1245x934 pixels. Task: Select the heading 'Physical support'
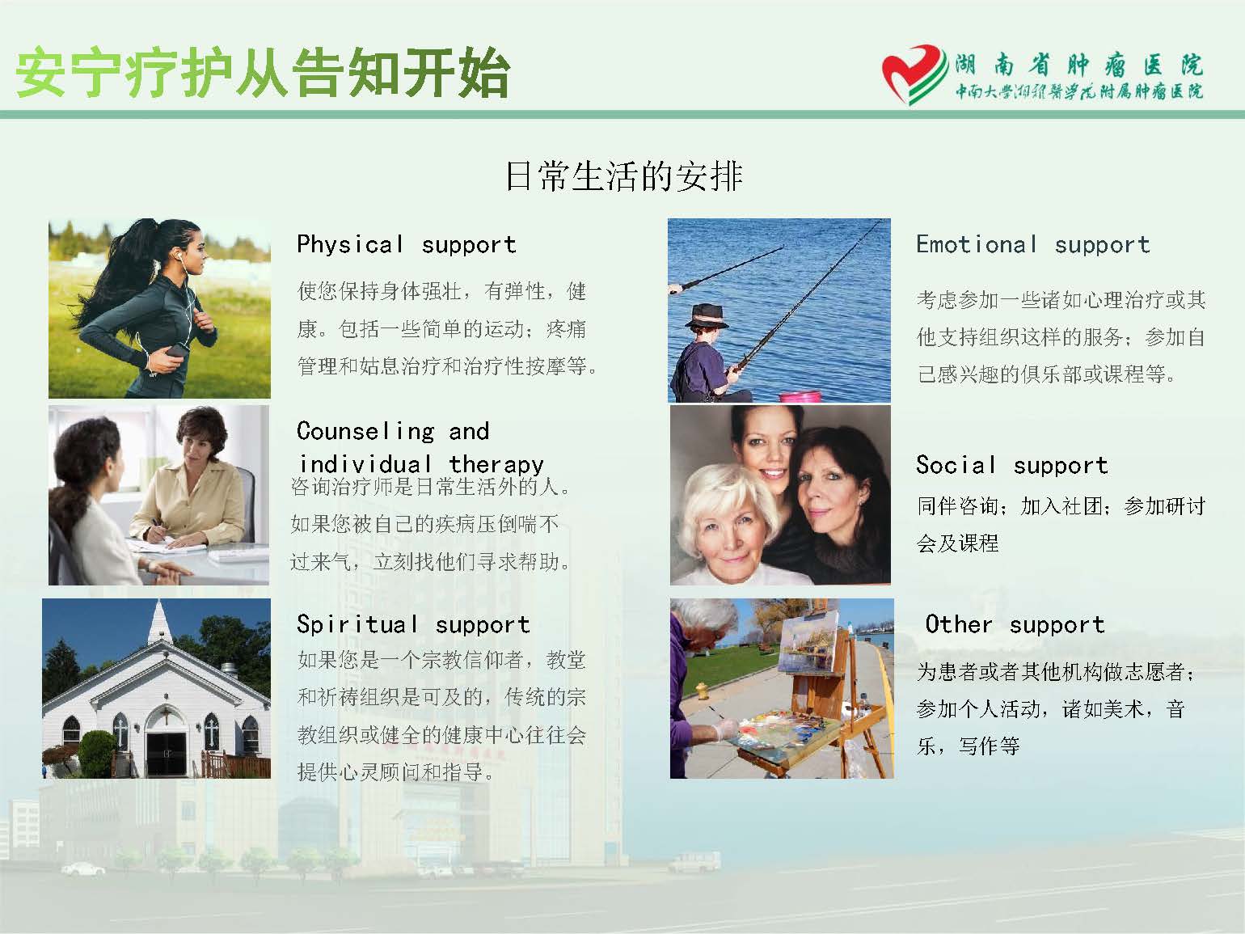407,244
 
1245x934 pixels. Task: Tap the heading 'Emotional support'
1033,244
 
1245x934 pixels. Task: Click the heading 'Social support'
1012,465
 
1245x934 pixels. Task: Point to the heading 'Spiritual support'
413,624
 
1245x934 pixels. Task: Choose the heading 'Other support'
1015,624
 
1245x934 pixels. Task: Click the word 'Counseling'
366,432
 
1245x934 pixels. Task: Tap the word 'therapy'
496,465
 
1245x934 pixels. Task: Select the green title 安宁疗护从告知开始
263,73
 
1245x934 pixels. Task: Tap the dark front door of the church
166,754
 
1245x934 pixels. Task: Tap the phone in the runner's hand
177,351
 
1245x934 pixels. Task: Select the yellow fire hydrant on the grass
703,690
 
